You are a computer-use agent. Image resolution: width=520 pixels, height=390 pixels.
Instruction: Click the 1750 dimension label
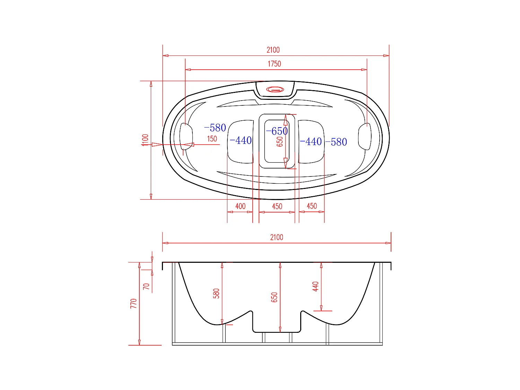(274, 64)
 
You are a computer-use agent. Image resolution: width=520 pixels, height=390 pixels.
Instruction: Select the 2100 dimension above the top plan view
(273, 50)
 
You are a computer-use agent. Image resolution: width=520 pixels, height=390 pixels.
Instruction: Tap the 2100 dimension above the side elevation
(277, 237)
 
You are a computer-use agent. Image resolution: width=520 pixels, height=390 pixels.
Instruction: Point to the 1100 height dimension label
(145, 140)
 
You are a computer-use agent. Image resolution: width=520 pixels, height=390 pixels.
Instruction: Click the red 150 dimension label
(212, 139)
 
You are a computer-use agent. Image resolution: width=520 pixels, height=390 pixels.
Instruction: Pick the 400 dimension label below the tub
(240, 206)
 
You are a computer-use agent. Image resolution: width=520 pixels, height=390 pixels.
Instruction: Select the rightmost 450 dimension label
(312, 206)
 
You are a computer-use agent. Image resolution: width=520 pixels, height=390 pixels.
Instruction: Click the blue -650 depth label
(277, 131)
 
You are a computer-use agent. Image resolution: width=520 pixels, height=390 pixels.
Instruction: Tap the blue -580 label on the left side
(215, 128)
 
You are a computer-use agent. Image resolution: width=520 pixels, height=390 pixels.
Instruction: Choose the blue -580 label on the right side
(336, 142)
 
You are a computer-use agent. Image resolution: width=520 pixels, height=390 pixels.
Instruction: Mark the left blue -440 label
(241, 140)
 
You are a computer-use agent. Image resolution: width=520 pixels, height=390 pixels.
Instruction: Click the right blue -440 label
(311, 141)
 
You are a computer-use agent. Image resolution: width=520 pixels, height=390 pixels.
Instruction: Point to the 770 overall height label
(134, 303)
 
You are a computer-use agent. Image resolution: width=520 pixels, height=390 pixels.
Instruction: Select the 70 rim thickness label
(146, 286)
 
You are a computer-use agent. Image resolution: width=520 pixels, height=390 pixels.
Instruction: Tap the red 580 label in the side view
(216, 293)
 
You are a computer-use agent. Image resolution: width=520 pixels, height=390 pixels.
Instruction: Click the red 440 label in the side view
(315, 286)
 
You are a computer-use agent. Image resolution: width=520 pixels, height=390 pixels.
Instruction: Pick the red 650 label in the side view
(275, 297)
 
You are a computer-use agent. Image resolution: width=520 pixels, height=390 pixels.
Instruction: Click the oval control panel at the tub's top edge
(275, 90)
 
